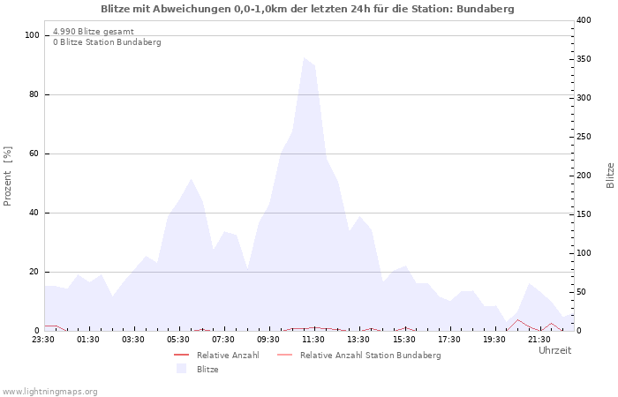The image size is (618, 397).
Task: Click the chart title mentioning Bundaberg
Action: point(307,8)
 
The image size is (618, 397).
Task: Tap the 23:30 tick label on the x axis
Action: point(43,340)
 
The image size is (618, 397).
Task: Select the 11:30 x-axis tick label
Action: point(313,340)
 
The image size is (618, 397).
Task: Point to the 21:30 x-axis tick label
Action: point(539,340)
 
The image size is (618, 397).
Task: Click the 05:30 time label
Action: point(178,340)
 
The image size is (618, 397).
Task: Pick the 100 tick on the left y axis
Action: point(33,35)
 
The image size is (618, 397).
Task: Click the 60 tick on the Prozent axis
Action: point(35,154)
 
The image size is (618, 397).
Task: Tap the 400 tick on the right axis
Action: point(584,20)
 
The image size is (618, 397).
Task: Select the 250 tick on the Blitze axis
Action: point(584,137)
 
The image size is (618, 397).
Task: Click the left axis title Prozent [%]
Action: point(8,176)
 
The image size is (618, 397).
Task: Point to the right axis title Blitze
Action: point(610,176)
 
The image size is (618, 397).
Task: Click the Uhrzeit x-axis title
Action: point(554,350)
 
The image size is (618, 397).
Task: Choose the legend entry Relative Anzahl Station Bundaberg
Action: point(370,356)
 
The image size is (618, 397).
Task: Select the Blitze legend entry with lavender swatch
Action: point(207,370)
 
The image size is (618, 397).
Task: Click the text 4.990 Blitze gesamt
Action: point(94,32)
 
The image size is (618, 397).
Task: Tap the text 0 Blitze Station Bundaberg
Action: point(107,42)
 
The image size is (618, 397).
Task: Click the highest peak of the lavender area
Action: point(304,58)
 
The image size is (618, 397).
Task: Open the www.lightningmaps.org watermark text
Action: point(50,391)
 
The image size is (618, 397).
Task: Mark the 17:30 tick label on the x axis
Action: point(449,340)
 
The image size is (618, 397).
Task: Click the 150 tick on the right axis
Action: point(584,214)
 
